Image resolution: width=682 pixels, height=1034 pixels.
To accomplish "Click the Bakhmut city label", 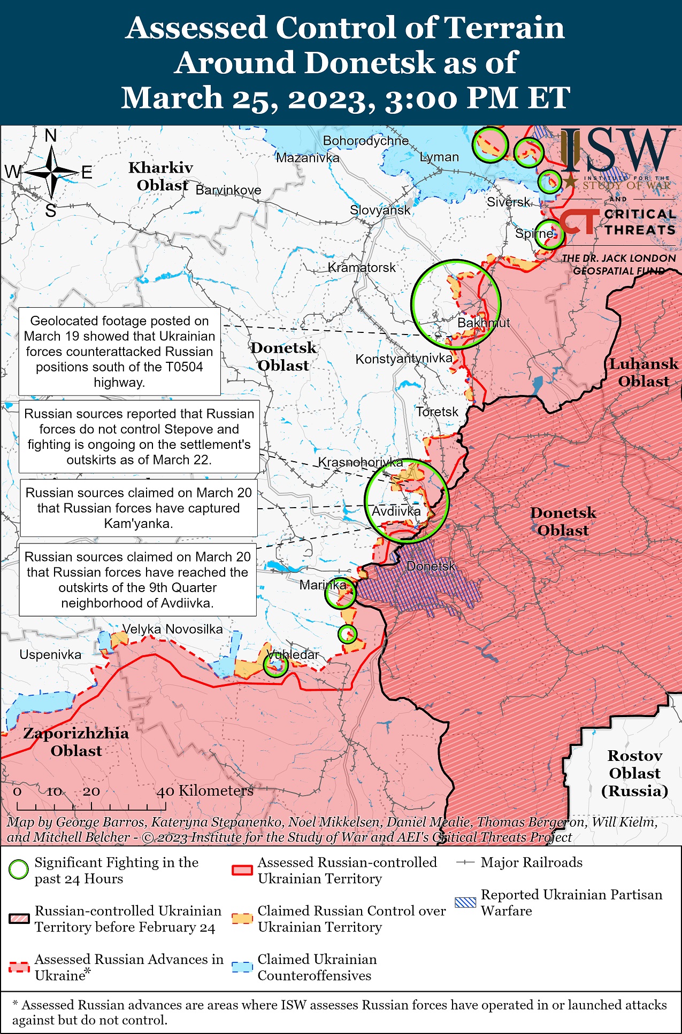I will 484,323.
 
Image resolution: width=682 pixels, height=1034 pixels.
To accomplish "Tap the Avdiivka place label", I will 396,511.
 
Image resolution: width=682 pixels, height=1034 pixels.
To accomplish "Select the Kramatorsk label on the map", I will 362,267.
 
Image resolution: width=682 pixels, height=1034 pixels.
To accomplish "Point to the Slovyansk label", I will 380,210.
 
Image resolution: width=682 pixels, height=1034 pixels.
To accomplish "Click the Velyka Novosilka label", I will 172,629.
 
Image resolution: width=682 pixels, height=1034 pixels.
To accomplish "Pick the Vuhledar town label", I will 293,655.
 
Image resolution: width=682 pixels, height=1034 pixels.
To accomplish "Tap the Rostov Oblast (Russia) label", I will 634,773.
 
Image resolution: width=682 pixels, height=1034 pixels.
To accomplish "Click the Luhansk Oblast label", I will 643,372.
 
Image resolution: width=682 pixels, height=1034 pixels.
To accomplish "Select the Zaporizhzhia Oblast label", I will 76,742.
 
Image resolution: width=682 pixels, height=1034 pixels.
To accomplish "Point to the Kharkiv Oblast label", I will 160,176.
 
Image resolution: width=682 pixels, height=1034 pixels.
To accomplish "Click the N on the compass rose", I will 51,136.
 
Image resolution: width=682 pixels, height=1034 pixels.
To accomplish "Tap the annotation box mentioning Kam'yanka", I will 139,508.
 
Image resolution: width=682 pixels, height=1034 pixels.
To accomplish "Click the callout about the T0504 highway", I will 119,351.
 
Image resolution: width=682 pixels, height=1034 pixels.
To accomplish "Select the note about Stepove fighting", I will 139,437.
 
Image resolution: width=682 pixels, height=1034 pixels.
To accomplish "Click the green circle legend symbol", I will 19,869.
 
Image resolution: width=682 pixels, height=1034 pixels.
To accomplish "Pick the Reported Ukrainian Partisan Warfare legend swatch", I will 464,902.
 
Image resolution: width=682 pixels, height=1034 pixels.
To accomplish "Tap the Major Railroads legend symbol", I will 465,862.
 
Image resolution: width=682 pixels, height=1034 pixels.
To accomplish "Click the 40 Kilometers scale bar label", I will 204,791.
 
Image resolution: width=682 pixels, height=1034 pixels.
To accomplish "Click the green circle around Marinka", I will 341,593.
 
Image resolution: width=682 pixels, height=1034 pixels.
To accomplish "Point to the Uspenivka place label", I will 50,655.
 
